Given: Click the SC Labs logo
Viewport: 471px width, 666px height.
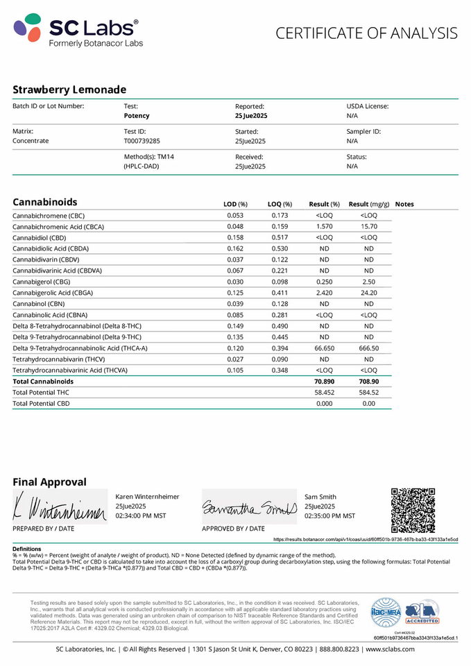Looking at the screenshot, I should (78, 31).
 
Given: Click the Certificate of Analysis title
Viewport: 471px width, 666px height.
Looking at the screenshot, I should (366, 33).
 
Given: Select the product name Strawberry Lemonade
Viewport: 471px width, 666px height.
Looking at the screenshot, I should (69, 89).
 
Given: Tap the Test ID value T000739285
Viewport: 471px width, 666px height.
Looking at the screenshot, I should (142, 141).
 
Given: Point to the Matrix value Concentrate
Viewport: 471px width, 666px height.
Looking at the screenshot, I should (31, 141).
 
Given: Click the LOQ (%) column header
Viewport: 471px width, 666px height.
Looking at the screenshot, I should (280, 204).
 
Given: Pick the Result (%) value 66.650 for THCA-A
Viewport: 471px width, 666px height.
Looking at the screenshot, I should (324, 348).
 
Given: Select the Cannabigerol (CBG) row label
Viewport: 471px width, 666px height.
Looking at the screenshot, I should (41, 282).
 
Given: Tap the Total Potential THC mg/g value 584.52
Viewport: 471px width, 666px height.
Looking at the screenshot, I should (368, 393).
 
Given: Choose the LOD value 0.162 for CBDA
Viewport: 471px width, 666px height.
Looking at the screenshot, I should (235, 248).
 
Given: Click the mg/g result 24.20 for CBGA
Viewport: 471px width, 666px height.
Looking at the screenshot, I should (368, 293).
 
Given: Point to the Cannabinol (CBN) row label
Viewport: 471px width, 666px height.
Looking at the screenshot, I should (39, 304).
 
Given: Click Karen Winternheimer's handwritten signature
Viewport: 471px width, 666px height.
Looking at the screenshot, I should (59, 509).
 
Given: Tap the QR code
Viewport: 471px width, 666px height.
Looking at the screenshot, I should (413, 511).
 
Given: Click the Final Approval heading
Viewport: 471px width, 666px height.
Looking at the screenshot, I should (49, 482).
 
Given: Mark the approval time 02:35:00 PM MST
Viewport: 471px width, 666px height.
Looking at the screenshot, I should (329, 516).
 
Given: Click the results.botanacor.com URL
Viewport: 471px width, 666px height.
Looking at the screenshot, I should (366, 539).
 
